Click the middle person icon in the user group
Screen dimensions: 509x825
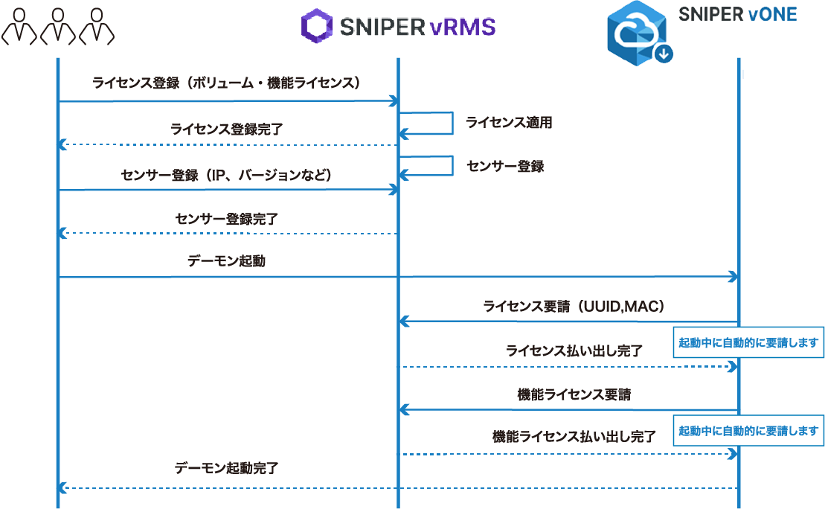click(59, 25)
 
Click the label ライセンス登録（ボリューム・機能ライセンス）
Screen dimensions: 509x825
click(227, 83)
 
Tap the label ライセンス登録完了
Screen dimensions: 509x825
click(226, 129)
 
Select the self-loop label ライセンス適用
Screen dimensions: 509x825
click(509, 123)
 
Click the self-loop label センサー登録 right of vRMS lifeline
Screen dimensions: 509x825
click(505, 166)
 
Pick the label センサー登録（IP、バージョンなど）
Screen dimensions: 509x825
click(226, 175)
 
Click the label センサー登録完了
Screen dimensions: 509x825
click(227, 219)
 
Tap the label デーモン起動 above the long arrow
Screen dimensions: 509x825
click(226, 262)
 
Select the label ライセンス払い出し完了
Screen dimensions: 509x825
click(574, 350)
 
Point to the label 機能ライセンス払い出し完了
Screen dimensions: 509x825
click(574, 437)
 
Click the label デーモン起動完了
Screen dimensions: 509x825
click(226, 469)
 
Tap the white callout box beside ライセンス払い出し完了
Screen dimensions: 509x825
click(748, 343)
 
